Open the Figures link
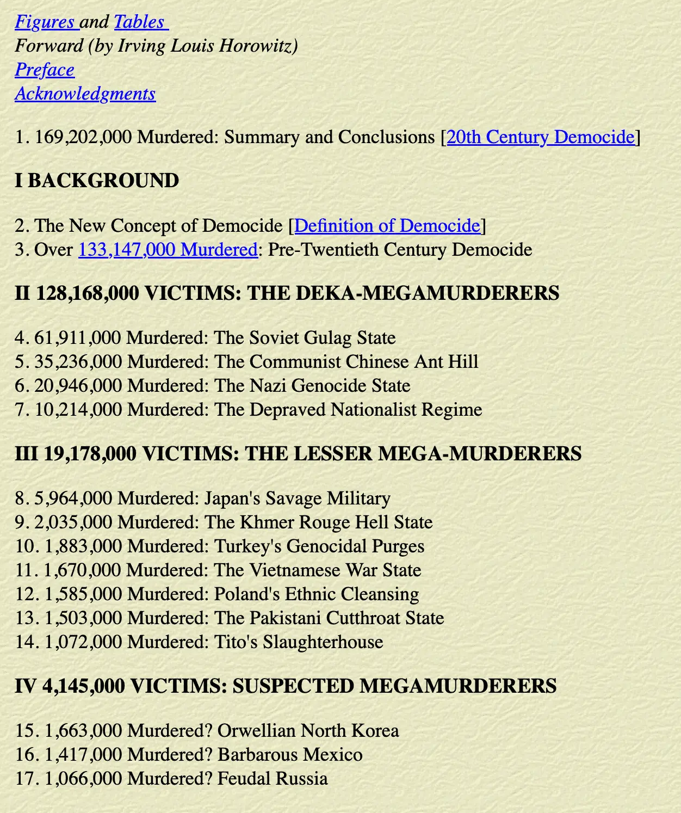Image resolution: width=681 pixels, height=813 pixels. point(45,22)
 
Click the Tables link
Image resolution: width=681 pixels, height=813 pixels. point(139,22)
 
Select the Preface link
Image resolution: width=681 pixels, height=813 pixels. point(45,70)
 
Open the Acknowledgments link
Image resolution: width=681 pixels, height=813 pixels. point(85,94)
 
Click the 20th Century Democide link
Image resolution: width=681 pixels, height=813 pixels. point(541,137)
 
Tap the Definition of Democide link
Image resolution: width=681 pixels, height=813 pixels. point(387,226)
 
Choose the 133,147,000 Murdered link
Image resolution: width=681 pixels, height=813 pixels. point(168,250)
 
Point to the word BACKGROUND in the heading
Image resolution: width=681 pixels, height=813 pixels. point(103,181)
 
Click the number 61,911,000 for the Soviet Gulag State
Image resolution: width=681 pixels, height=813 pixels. point(77,338)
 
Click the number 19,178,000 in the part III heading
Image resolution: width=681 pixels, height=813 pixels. point(90,454)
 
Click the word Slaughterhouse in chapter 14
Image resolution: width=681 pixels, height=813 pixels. point(323,642)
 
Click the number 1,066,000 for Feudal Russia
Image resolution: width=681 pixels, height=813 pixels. point(83,779)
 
